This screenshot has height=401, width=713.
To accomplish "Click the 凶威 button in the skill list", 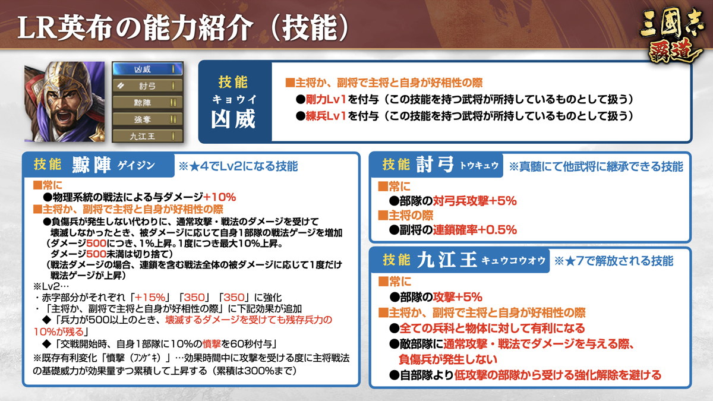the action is [148, 69].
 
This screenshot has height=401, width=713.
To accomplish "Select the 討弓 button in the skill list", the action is [148, 86].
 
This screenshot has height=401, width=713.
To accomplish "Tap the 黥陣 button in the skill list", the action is [148, 102].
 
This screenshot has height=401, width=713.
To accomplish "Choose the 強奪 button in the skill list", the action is [148, 119].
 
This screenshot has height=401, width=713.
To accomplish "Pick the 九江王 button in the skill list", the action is [148, 136].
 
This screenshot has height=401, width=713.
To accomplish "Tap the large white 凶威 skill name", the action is [234, 119].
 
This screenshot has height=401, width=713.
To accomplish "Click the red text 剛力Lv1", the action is [326, 100].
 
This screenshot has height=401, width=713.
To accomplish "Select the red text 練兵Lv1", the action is [326, 116].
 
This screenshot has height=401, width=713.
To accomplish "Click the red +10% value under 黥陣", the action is [219, 197].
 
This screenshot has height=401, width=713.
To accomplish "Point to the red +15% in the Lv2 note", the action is [150, 298].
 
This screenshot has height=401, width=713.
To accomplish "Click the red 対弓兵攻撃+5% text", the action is [474, 201].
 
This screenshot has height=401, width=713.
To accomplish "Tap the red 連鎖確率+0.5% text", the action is [474, 230].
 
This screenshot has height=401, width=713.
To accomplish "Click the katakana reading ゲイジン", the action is [136, 166].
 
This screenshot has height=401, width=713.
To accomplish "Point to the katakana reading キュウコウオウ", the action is [513, 261].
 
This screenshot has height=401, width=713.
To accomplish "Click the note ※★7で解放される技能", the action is [614, 261].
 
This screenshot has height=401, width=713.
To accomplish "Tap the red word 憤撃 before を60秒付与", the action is [212, 344].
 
